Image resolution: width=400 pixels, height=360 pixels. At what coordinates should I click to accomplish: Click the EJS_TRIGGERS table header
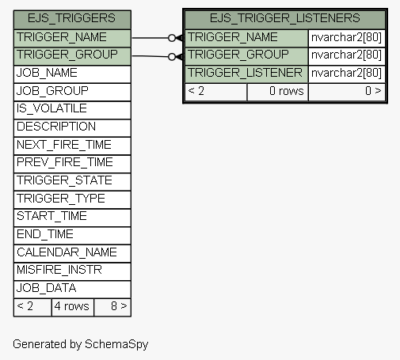72,20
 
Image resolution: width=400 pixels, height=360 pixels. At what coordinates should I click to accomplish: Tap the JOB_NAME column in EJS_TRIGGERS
72,74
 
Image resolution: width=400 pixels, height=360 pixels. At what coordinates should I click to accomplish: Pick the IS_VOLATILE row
72,110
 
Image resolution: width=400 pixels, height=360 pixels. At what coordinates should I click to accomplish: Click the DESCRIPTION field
72,128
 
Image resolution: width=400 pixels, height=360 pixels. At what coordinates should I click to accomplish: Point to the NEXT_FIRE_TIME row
72,146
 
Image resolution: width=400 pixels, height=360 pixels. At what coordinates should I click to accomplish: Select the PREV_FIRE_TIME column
72,164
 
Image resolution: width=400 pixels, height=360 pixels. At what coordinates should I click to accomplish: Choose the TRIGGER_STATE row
72,182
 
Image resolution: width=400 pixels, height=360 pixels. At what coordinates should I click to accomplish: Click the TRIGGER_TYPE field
72,199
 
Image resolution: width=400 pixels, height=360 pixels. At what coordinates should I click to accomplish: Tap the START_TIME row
72,218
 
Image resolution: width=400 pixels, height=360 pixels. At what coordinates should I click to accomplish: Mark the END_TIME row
72,236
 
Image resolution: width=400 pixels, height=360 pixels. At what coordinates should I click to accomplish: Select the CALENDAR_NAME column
72,253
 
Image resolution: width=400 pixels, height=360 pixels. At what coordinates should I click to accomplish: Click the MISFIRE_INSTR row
72,271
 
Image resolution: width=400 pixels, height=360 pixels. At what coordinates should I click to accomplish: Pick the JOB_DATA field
72,290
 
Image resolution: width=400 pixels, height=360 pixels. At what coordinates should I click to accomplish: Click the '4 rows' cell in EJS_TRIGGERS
73,307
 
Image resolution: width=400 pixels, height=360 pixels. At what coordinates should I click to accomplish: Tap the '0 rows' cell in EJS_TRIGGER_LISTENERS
277,92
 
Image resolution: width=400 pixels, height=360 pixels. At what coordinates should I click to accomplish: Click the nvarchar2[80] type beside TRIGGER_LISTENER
347,74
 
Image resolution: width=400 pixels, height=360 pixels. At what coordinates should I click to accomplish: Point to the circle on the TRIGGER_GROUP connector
172,57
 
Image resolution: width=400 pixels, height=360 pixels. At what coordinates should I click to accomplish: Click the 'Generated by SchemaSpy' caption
81,344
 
